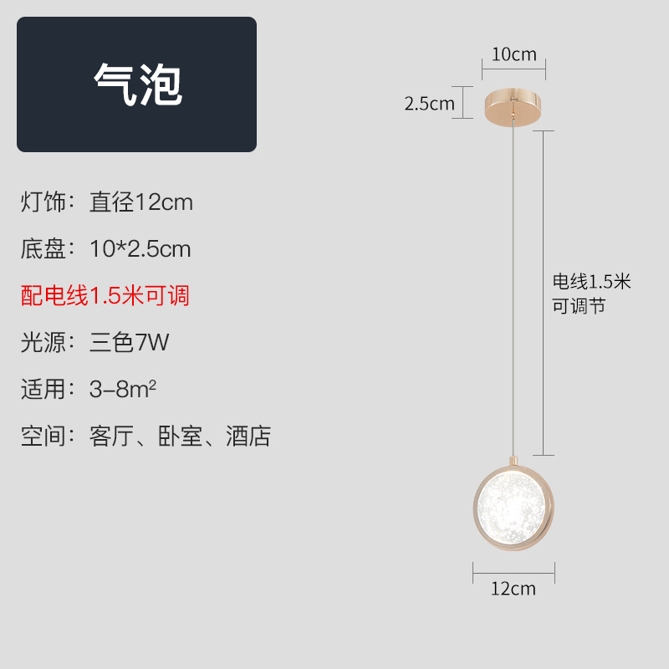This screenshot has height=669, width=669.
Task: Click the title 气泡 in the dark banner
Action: click(x=137, y=84)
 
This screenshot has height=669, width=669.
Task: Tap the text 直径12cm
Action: click(x=141, y=202)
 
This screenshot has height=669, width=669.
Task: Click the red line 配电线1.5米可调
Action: click(x=105, y=295)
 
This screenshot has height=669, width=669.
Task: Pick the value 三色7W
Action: click(x=130, y=342)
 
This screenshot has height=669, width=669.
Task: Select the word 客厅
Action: click(x=112, y=437)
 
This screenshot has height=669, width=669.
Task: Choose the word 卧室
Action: click(x=181, y=437)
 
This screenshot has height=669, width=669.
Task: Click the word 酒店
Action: click(x=248, y=437)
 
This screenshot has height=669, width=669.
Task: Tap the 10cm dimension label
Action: click(x=513, y=55)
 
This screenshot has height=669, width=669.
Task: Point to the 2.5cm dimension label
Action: click(x=429, y=104)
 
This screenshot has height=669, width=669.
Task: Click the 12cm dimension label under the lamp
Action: click(x=513, y=589)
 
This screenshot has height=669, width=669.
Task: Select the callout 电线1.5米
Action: click(x=591, y=282)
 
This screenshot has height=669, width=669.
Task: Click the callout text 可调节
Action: click(x=578, y=306)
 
